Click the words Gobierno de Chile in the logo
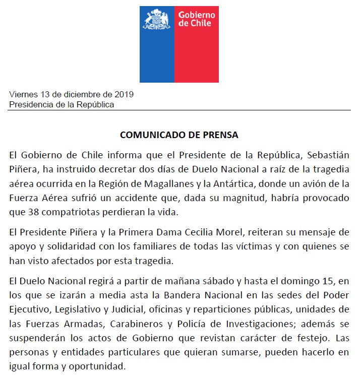point(197,19)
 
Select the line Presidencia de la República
point(62,105)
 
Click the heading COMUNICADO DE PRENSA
point(179,135)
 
